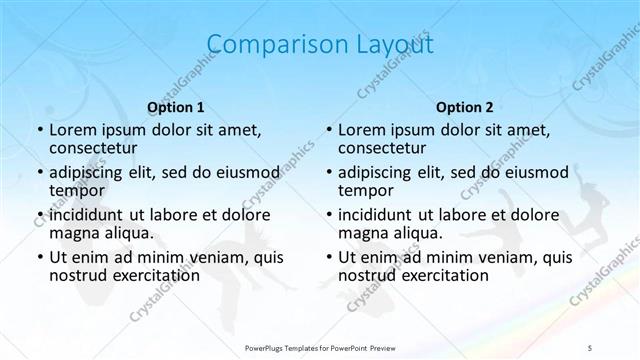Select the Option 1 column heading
click(175, 106)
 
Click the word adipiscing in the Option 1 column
click(91, 171)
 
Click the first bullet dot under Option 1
click(39, 131)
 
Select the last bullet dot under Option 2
click(329, 257)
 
